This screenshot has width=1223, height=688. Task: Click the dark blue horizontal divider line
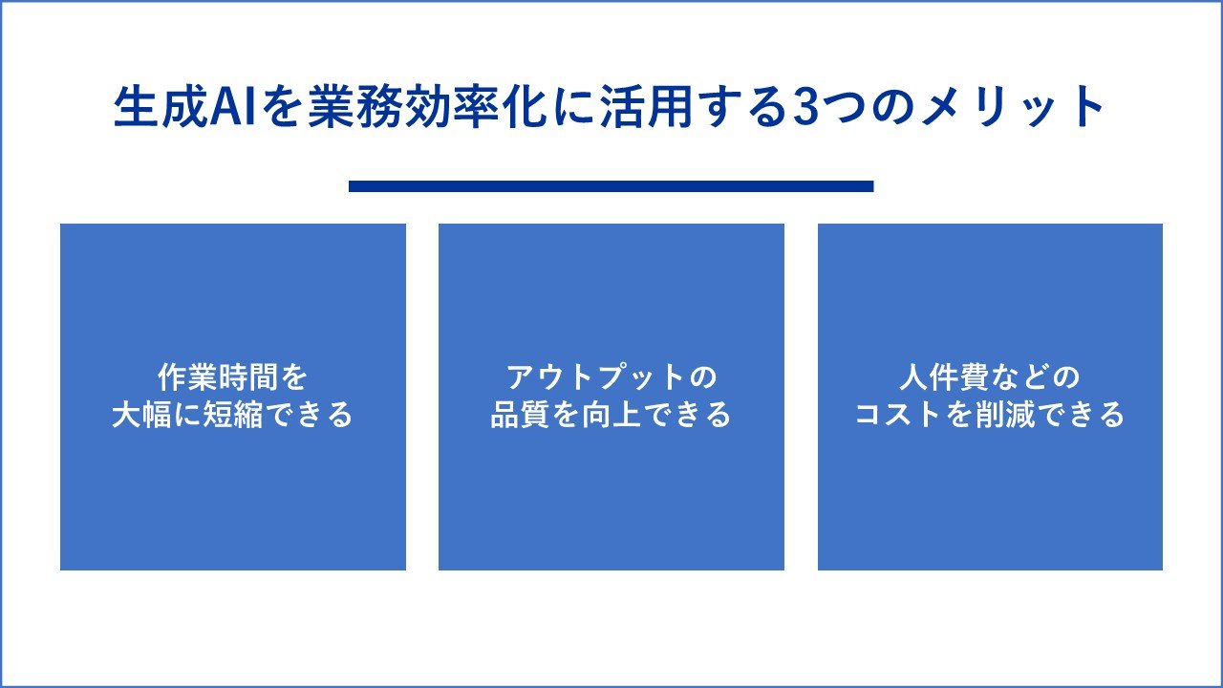[x=611, y=186]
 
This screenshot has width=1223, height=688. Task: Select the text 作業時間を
[x=232, y=377]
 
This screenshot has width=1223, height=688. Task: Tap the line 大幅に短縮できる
[x=232, y=415]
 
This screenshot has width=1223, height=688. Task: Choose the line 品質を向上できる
[x=611, y=415]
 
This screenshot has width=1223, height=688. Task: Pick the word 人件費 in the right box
[x=945, y=377]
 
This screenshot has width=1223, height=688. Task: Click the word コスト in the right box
[x=899, y=415]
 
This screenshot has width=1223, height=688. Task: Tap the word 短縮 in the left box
[x=233, y=415]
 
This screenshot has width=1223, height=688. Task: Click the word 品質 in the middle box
[x=520, y=415]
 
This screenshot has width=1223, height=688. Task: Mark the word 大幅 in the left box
[x=141, y=415]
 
